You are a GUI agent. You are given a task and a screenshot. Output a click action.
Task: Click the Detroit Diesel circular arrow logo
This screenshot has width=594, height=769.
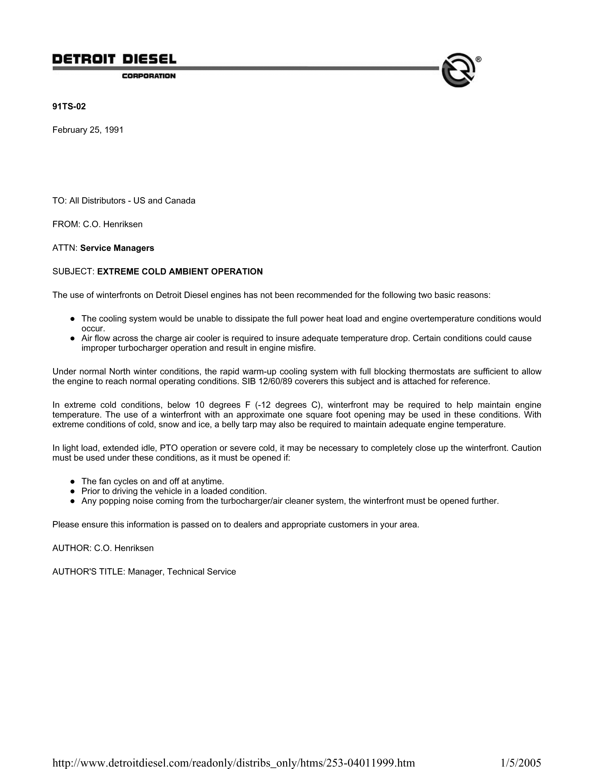tap(458, 70)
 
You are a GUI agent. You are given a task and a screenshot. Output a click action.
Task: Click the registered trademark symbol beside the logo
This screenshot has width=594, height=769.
tap(478, 59)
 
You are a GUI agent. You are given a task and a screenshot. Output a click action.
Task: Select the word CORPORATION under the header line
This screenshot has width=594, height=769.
tap(148, 76)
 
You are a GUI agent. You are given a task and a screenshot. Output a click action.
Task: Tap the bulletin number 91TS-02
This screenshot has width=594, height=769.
tap(69, 106)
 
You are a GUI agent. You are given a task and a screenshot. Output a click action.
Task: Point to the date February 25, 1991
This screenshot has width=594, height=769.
tap(88, 130)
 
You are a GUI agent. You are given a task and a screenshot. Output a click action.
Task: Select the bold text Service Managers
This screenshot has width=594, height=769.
tap(117, 248)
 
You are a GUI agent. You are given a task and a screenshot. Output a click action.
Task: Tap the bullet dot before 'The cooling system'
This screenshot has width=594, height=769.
tap(72, 319)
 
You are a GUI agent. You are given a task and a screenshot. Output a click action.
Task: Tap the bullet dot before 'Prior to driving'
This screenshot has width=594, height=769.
tap(72, 491)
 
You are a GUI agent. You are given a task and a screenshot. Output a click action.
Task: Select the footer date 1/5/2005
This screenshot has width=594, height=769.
tap(521, 763)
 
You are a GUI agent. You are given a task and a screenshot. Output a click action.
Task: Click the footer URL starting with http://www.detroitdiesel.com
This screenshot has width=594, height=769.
tap(234, 763)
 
